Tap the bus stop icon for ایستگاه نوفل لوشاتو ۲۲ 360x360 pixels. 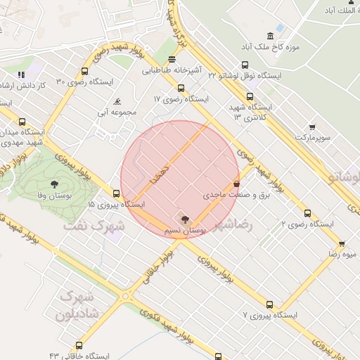[x=245, y=65]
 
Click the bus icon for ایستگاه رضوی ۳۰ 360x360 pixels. [x=85, y=71]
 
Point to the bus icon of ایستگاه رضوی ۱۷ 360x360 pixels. [x=181, y=89]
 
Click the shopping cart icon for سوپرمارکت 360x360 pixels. [x=312, y=127]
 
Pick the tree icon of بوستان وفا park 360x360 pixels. [x=55, y=184]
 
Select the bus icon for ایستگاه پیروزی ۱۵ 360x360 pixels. [x=116, y=193]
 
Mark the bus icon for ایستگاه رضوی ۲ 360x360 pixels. [x=307, y=213]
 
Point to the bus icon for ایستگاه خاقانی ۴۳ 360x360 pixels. [x=79, y=346]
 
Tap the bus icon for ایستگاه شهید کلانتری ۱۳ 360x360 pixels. [x=250, y=97]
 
